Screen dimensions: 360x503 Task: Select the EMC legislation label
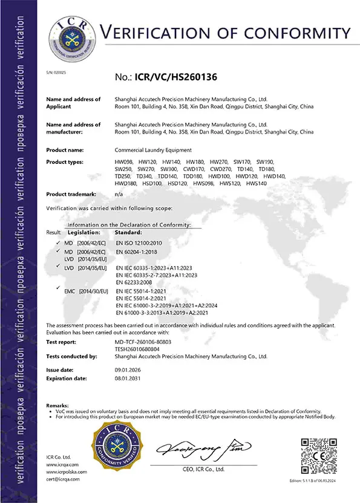pyautogui.click(x=69, y=291)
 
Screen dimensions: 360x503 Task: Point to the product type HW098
pyautogui.click(x=123, y=162)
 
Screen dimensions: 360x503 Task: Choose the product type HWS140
pyautogui.click(x=257, y=183)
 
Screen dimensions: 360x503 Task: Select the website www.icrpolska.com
pyautogui.click(x=67, y=472)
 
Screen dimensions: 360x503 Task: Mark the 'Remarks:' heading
pyautogui.click(x=57, y=405)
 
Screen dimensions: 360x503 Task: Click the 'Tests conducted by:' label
pyautogui.click(x=72, y=357)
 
